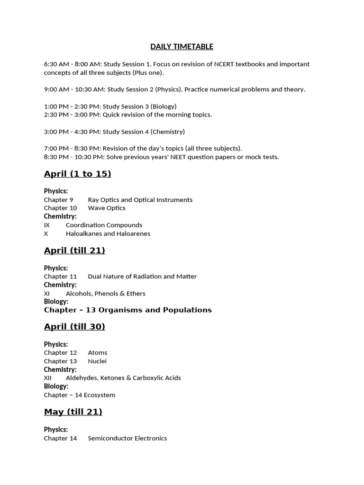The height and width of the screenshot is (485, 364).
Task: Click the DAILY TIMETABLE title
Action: (182, 46)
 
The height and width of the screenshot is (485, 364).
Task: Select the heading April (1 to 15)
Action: (77, 174)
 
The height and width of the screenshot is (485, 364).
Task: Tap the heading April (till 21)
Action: (74, 251)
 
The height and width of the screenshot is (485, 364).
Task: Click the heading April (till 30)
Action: (74, 326)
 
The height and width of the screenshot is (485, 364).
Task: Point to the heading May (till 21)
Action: (73, 412)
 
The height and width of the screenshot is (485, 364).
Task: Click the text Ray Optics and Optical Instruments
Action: (140, 200)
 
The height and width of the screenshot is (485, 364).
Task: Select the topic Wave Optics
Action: (107, 208)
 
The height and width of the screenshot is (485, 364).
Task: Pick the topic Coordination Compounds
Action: (104, 225)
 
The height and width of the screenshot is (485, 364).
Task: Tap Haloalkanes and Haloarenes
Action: (108, 234)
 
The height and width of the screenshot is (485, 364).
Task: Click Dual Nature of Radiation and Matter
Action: (142, 277)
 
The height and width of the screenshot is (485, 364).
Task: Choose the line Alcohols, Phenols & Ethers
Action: (105, 294)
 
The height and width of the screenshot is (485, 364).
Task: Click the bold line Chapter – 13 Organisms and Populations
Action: (127, 310)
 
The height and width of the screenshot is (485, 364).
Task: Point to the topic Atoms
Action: (98, 353)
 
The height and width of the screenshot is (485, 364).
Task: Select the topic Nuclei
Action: (97, 361)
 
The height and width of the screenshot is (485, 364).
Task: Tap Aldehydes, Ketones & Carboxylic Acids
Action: (123, 378)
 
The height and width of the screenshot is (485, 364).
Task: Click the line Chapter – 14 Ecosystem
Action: (80, 395)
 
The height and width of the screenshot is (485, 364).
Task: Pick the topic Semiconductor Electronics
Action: (127, 439)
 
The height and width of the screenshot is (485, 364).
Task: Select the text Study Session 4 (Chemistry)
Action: (146, 132)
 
